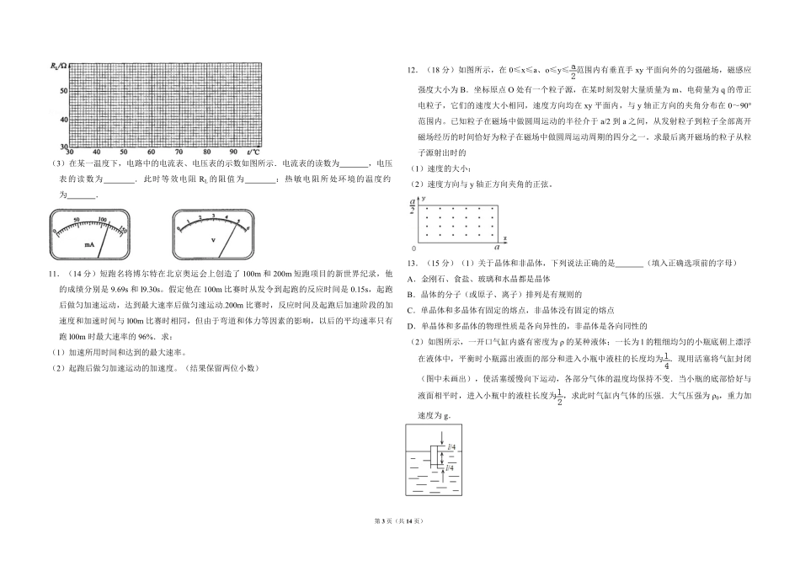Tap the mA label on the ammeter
click(88, 244)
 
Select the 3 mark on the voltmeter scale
click(214, 216)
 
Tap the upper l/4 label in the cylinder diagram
click(451, 447)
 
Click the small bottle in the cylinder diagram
click(434, 457)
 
